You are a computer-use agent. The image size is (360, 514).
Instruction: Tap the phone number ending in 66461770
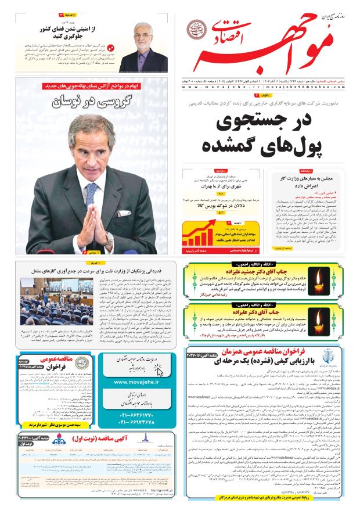tap(138, 416)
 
